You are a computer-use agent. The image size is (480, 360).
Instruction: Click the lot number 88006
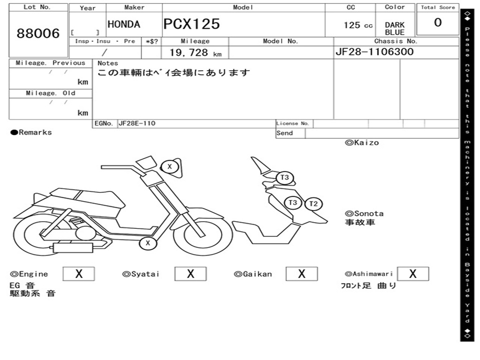tap(38, 33)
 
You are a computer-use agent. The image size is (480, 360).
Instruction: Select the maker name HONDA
tap(124, 24)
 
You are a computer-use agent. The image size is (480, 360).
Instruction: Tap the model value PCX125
tap(191, 24)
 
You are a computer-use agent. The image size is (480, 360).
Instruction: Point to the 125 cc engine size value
tap(358, 25)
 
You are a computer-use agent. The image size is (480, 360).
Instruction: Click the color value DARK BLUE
tap(395, 29)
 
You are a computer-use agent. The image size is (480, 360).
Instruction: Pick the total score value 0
tap(438, 22)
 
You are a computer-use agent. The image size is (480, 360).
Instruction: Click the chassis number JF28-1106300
tap(375, 52)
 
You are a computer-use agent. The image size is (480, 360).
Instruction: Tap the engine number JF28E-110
tap(137, 123)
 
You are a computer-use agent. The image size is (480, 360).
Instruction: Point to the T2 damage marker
tap(314, 204)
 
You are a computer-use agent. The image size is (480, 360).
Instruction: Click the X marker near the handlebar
tap(170, 166)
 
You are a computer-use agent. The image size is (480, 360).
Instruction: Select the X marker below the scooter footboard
tap(148, 243)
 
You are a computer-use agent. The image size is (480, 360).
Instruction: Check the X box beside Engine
tap(78, 274)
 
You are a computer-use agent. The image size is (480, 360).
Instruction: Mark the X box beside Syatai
tap(190, 274)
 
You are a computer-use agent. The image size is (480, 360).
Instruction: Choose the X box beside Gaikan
tap(301, 274)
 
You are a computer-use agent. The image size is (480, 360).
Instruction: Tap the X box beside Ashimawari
tap(412, 274)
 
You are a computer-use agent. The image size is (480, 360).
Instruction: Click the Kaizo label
tap(362, 142)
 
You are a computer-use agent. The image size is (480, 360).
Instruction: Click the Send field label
tap(285, 133)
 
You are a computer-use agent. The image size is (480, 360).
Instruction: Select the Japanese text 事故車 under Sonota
tap(360, 222)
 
